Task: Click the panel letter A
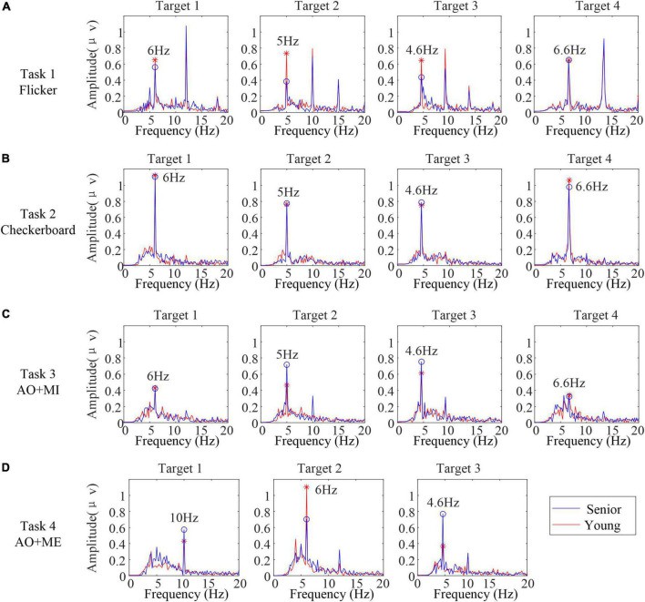point(6,6)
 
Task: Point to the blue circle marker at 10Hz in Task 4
point(184,529)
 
